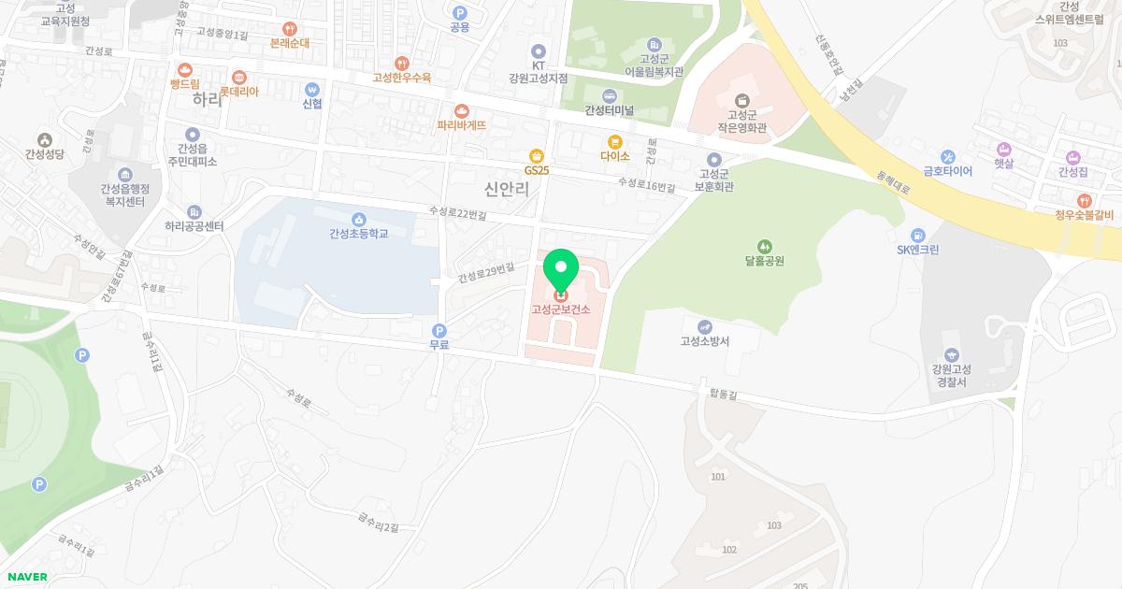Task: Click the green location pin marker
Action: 561,270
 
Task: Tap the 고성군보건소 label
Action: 561,310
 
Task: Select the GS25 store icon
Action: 536,156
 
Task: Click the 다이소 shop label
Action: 615,157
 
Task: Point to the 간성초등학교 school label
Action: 358,234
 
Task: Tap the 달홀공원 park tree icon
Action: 764,245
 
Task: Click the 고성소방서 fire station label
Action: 705,341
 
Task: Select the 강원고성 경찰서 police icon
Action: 951,354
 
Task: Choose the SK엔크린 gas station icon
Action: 918,234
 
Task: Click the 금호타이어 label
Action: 948,171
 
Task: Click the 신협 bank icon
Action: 312,90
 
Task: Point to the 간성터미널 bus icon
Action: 610,95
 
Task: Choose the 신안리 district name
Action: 508,190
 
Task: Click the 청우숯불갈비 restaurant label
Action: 1083,215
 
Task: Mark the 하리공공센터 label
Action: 194,226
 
